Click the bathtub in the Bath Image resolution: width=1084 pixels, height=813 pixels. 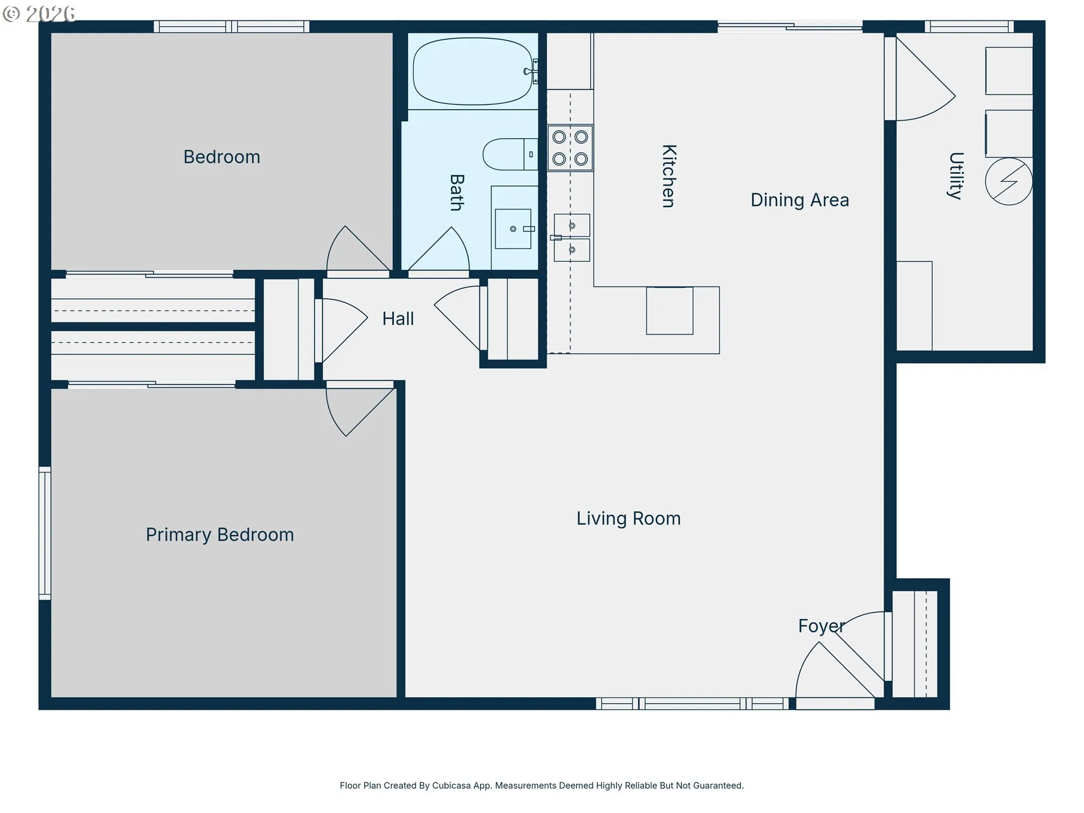click(473, 71)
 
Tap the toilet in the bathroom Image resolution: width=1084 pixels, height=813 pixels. click(510, 154)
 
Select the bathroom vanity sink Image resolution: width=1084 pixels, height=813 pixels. click(513, 229)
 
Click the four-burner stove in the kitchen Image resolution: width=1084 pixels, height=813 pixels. click(570, 148)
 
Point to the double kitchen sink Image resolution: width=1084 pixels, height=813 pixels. click(571, 238)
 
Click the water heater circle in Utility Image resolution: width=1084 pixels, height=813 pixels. click(1009, 181)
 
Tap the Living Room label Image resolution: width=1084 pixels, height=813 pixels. click(628, 518)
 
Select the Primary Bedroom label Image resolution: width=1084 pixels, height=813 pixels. click(220, 535)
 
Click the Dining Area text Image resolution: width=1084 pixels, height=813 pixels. click(799, 200)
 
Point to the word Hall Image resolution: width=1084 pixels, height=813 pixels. click(398, 319)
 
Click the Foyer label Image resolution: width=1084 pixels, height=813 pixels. click(821, 626)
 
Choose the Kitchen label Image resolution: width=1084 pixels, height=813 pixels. click(669, 176)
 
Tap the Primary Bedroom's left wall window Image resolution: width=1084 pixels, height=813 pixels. click(45, 532)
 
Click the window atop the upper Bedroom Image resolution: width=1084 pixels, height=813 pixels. click(231, 27)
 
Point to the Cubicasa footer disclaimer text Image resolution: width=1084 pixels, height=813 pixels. click(542, 785)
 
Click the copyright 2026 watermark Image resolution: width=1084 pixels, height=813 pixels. click(39, 13)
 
